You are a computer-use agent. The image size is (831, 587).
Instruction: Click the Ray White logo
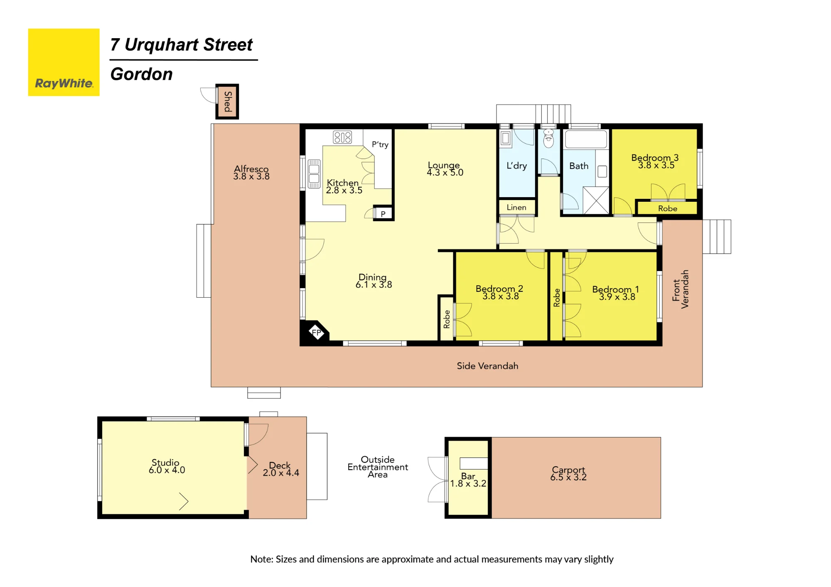pos(64,62)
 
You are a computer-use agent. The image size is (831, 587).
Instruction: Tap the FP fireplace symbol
pos(317,332)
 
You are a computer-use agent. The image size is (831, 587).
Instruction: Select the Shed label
pos(228,102)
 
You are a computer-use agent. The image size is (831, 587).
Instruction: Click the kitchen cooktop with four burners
pos(342,137)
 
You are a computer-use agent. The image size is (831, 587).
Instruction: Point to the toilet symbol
pos(549,138)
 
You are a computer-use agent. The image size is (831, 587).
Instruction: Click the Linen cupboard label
pos(516,207)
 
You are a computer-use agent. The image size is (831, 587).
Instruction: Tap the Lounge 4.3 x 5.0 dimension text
pos(445,173)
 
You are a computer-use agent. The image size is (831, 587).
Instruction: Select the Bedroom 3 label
pos(655,158)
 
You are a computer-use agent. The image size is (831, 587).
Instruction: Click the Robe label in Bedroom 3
pos(668,208)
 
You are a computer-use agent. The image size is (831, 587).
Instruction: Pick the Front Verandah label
pos(681,289)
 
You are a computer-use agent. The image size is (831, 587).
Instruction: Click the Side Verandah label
pos(487,366)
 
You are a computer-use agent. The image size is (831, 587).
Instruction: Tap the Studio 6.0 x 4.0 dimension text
pos(167,470)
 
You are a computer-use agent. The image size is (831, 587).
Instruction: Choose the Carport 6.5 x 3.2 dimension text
pos(568,477)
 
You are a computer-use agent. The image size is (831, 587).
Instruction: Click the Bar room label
pos(468,476)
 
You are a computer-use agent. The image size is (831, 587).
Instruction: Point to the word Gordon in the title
pos(142,74)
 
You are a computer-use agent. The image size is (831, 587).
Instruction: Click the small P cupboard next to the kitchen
pos(383,214)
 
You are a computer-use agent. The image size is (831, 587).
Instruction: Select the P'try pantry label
pos(380,144)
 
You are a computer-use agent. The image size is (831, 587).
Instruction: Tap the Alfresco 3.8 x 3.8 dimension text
pos(251,176)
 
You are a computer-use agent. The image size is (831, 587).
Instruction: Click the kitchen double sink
pos(314,174)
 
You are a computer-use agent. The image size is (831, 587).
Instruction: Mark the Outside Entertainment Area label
pos(378,467)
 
